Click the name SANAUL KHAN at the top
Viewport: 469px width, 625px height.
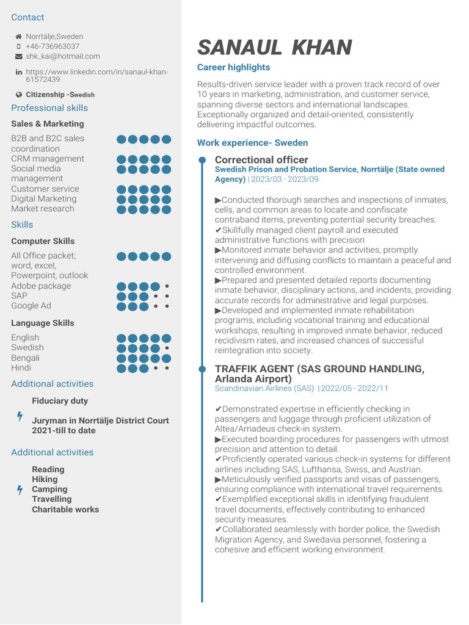point(274,48)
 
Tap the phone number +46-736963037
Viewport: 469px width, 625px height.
point(52,46)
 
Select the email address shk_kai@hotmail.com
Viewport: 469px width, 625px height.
point(62,56)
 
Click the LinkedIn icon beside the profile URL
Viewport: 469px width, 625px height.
point(18,73)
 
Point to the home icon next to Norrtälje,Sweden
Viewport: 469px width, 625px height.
point(18,37)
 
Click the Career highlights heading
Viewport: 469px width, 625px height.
point(233,67)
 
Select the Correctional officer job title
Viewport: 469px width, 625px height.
point(261,160)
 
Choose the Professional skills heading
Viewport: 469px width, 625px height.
point(49,108)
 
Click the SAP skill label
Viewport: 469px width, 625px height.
point(19,296)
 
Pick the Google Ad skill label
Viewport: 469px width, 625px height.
point(31,306)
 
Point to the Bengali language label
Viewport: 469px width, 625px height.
point(25,358)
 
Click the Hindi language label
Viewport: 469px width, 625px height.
point(21,367)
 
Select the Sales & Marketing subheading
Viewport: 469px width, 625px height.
point(47,124)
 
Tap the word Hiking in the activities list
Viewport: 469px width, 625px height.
point(45,479)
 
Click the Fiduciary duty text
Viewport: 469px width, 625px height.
point(60,401)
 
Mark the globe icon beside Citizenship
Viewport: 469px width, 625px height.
point(18,95)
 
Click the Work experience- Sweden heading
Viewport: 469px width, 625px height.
point(252,143)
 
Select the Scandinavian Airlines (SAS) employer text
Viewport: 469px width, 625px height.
point(264,388)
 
